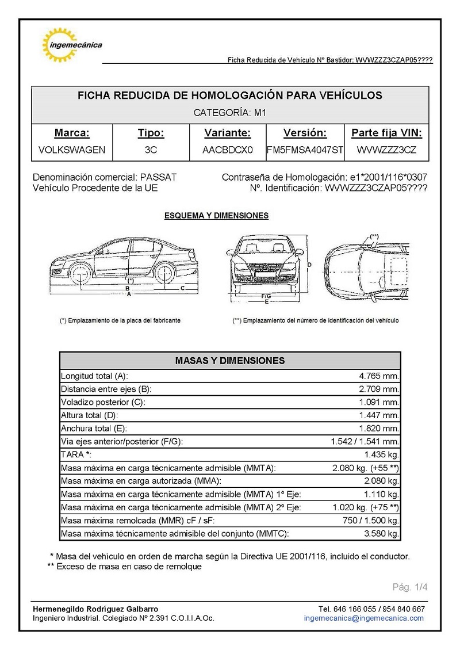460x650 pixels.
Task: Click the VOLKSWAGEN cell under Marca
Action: (72, 150)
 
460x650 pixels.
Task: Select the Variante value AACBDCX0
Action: (228, 150)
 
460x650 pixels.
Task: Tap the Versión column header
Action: (305, 133)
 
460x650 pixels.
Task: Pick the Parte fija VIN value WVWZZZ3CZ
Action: (386, 150)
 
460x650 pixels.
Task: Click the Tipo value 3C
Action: (151, 150)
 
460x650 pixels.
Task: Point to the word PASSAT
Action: (158, 177)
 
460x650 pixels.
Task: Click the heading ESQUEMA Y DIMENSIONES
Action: (216, 216)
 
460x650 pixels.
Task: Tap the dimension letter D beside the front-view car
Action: (309, 265)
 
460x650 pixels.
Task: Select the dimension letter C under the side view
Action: (182, 288)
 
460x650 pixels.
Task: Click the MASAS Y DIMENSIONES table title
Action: (230, 361)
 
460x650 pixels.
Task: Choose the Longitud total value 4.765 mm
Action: (378, 376)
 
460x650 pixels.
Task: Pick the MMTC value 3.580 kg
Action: (381, 534)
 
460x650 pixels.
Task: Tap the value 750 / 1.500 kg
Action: (370, 521)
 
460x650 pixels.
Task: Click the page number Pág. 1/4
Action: (410, 587)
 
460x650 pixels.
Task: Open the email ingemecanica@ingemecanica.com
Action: (364, 618)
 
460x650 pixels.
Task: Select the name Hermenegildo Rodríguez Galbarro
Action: (95, 609)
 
